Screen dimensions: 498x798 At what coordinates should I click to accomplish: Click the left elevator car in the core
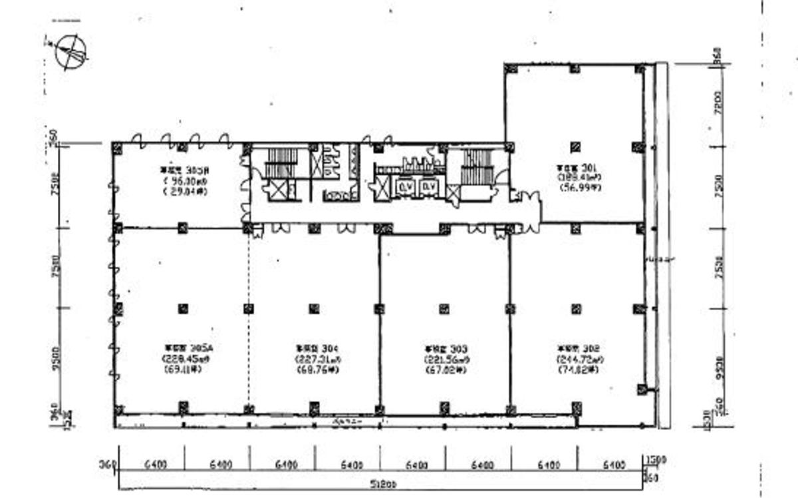tap(404, 188)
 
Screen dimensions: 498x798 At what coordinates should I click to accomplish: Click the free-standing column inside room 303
tap(444, 308)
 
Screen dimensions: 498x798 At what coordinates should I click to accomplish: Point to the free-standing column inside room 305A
tap(183, 308)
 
